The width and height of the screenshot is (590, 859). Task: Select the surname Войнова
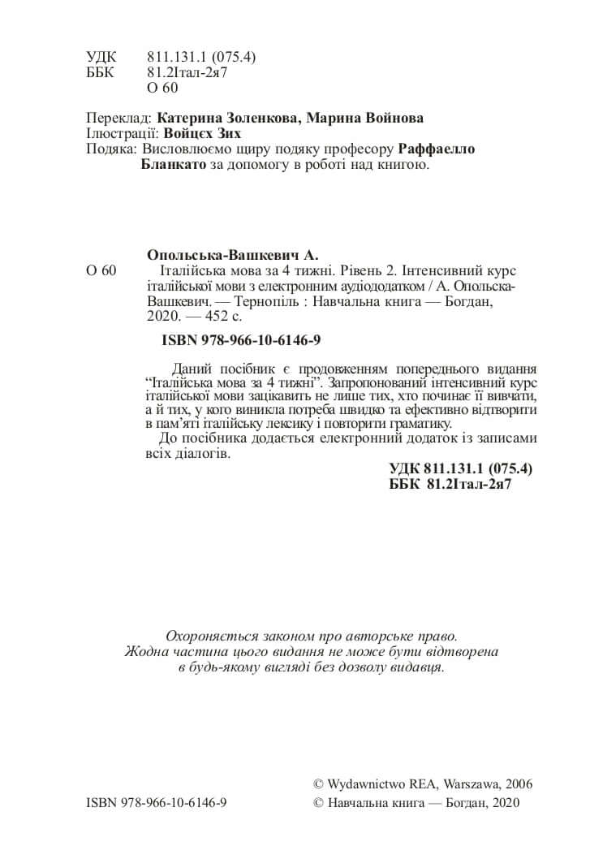[389, 118]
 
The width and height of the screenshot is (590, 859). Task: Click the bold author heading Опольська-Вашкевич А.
[231, 253]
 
